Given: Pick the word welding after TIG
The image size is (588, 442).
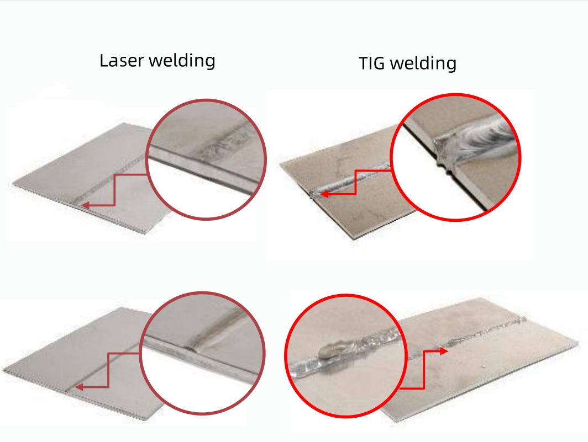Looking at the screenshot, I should pyautogui.click(x=423, y=64).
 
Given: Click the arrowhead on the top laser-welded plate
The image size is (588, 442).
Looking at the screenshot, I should pyautogui.click(x=84, y=205).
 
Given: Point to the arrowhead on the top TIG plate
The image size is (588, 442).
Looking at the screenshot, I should pyautogui.click(x=325, y=194).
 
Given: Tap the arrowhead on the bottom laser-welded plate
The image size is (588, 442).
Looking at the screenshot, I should pyautogui.click(x=78, y=387).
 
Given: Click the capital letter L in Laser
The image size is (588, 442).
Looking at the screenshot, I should pyautogui.click(x=103, y=60).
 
